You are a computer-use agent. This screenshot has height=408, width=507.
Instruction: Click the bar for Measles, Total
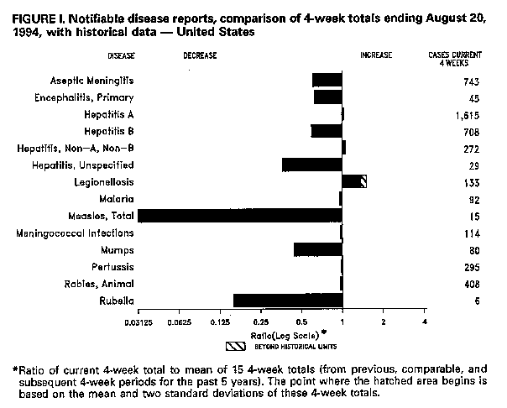coord(240,216)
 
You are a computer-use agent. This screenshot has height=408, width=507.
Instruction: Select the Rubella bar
coord(288,301)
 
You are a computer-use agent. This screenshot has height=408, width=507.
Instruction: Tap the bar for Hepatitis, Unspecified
coord(312,165)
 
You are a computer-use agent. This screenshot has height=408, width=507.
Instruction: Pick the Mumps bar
coord(318,250)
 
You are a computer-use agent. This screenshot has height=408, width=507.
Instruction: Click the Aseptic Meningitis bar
coord(327,80)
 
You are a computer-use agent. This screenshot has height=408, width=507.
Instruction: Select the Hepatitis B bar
coord(327,131)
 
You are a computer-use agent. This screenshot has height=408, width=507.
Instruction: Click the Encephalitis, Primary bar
coord(327,97)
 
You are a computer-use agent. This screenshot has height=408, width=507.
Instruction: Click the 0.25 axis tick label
coord(260,322)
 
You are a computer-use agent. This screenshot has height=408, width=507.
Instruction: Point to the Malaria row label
coord(116,199)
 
